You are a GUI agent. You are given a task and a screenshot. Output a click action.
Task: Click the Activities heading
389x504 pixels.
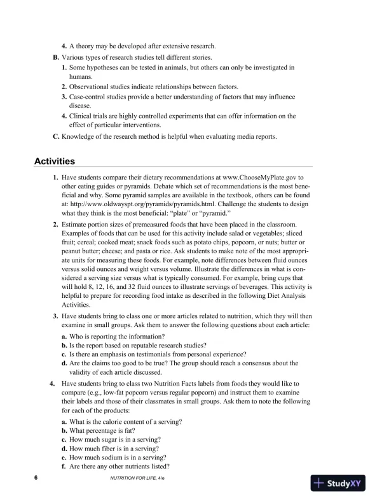pos(54,161)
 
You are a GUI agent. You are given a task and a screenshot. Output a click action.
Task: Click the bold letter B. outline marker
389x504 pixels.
pos(55,57)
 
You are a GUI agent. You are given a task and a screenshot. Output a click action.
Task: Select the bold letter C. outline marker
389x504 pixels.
pos(55,136)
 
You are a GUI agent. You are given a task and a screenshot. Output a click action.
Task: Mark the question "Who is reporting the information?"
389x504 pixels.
pos(117,335)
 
